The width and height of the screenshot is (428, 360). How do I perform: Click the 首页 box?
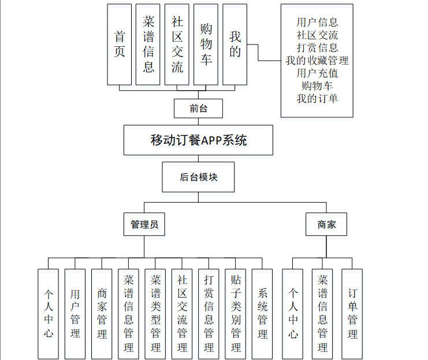120,44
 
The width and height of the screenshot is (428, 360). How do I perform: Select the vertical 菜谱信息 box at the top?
148,44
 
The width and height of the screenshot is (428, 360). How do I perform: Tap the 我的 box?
235,44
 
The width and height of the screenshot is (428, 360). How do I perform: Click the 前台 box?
199,109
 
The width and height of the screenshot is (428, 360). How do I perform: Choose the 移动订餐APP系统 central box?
199,140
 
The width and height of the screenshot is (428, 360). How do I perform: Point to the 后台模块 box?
199,177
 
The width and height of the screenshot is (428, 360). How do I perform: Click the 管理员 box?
144,224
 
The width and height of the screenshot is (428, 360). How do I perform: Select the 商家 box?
326,224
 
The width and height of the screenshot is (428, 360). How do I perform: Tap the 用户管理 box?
75,314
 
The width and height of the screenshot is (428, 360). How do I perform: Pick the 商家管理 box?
102,314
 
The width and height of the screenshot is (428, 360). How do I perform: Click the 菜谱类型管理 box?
155,314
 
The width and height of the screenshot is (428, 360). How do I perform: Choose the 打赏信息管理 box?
209,314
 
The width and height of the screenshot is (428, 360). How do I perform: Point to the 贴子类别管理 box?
236,314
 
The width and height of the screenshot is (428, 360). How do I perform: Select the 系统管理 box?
262,314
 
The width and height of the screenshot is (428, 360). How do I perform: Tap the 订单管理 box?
352,314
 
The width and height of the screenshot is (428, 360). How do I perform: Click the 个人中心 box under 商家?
293,314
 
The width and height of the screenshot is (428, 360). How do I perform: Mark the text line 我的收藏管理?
317,60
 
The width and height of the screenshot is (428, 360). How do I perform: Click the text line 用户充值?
317,73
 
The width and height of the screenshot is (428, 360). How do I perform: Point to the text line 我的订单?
317,98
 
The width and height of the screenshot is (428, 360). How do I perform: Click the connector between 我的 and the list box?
258,53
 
